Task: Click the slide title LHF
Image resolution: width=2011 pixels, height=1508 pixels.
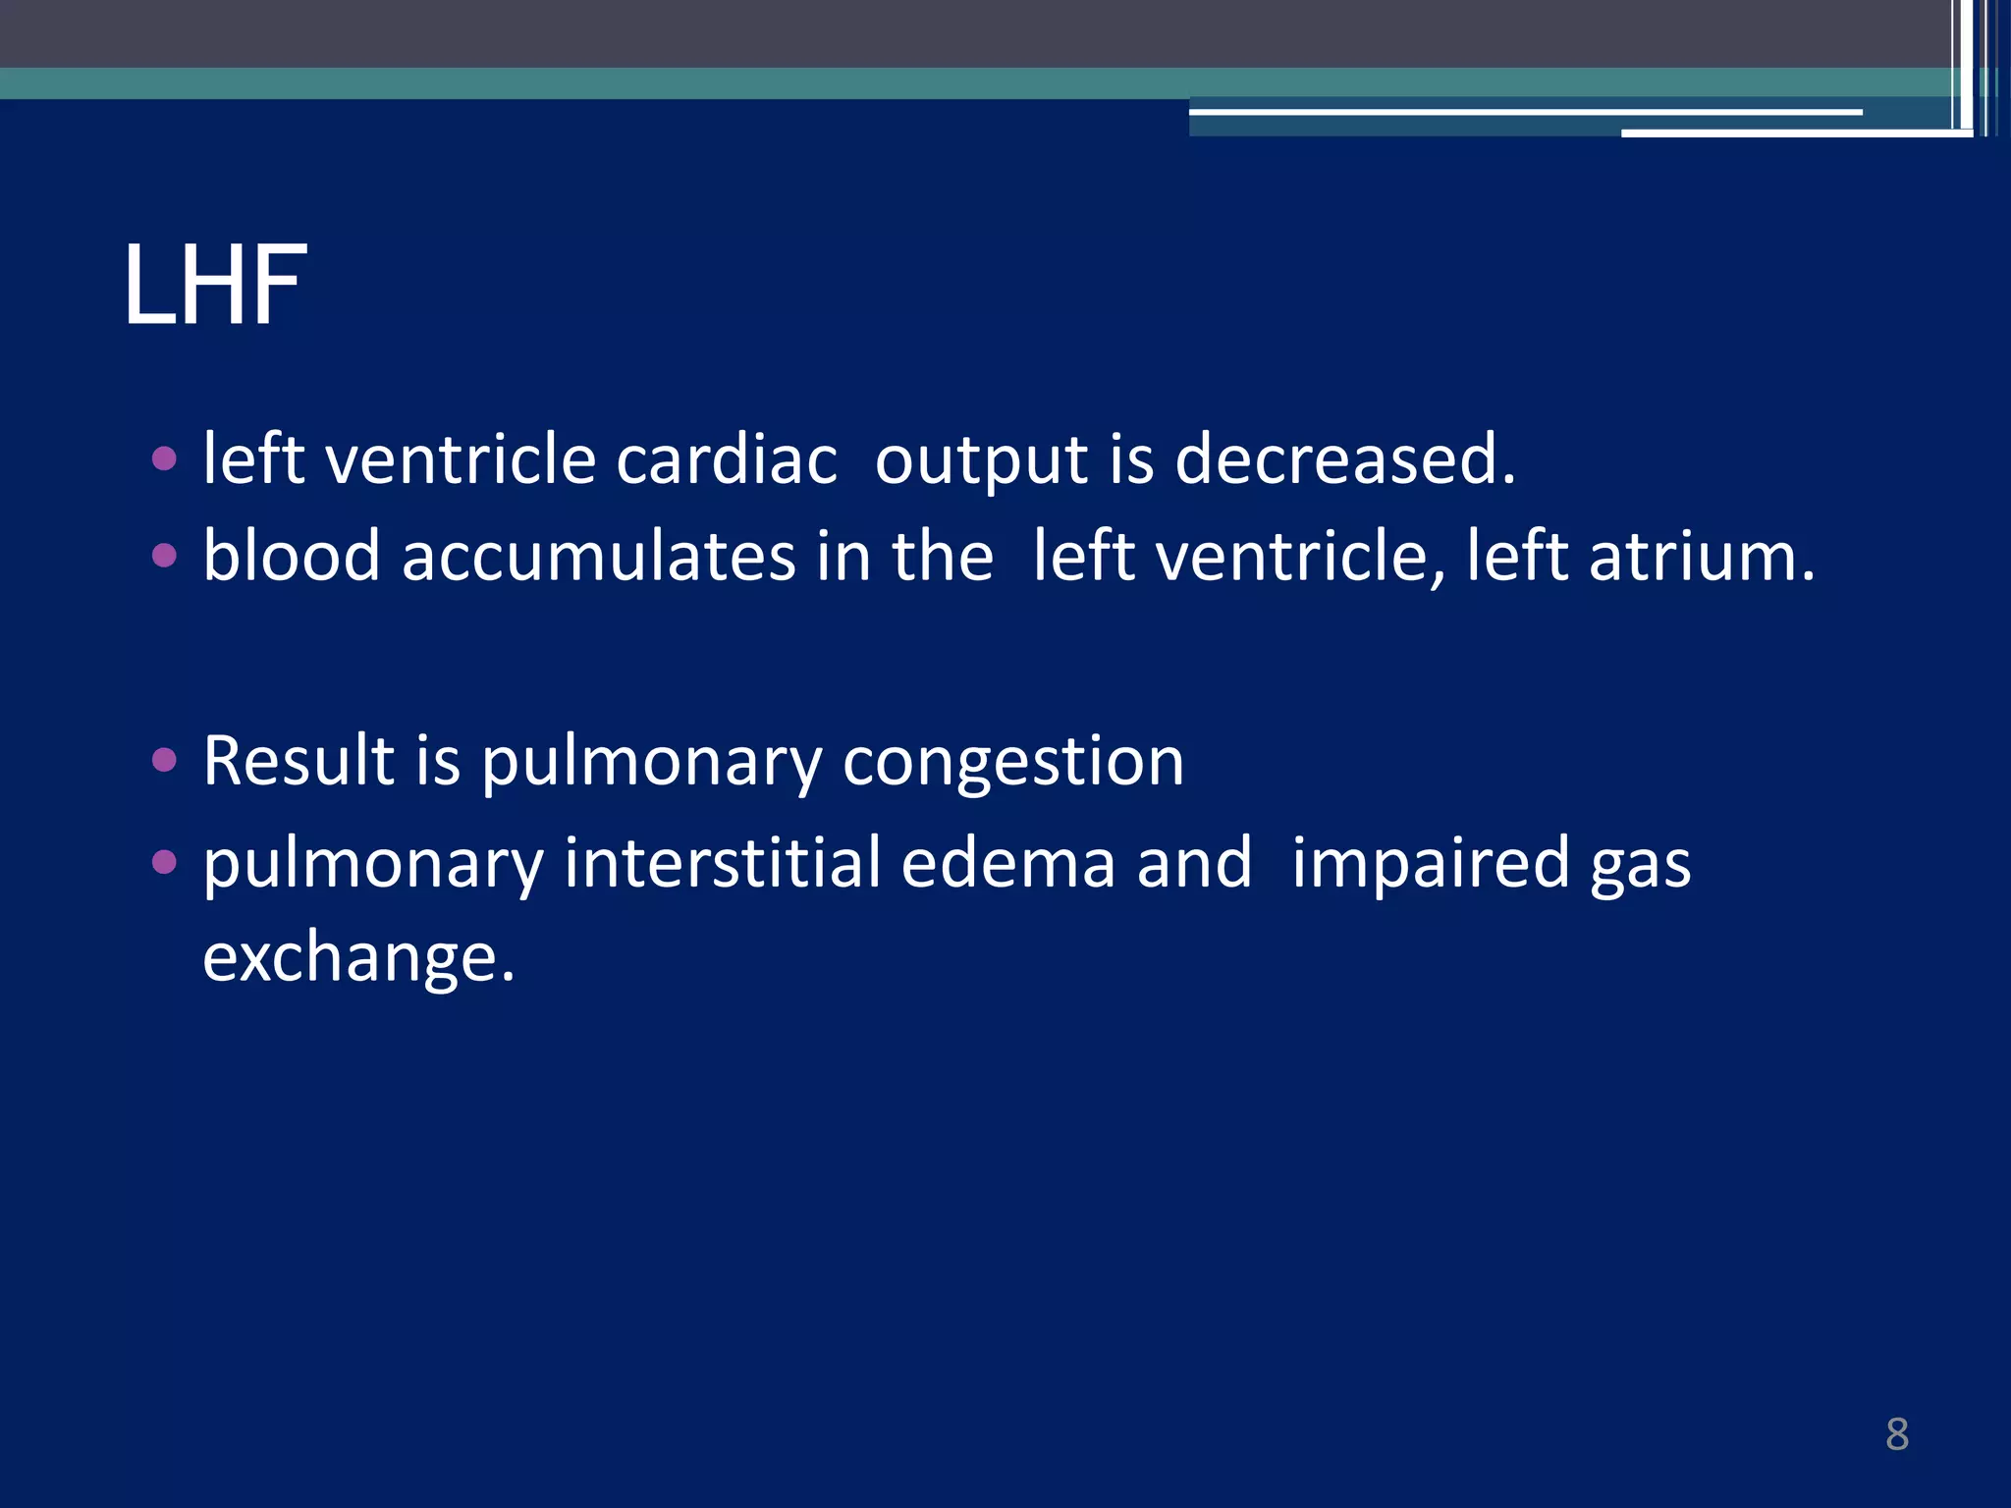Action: coord(215,286)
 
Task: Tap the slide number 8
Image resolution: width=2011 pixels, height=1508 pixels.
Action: coord(1896,1434)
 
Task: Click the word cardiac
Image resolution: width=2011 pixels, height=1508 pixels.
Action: coord(727,458)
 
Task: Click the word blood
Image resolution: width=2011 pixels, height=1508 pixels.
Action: coord(291,556)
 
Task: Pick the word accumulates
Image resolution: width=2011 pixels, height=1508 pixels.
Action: coord(598,557)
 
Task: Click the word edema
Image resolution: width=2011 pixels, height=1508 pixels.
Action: coord(1007,862)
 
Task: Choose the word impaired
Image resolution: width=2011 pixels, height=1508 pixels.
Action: coord(1430,864)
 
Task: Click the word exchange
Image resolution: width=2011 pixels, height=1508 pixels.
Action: coord(357,958)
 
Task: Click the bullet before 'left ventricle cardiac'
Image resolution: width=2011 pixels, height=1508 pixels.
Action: coord(164,458)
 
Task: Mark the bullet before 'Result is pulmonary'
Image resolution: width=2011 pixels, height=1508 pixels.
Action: coord(164,760)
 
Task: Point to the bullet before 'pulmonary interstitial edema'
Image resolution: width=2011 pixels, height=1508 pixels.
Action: coord(164,862)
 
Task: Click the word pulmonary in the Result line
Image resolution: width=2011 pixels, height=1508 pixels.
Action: coord(651,763)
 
